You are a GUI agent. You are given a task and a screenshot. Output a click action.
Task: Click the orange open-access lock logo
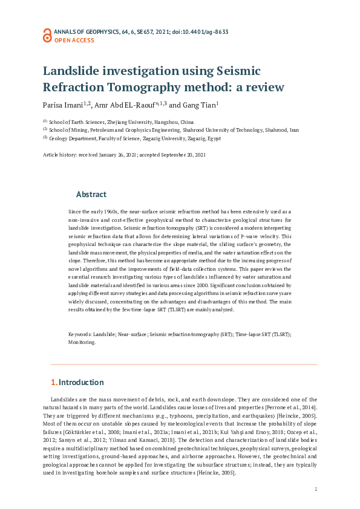pos(47,34)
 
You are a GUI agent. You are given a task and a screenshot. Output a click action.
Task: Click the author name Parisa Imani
pos(64,105)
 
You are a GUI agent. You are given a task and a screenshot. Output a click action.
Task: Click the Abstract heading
pos(91,195)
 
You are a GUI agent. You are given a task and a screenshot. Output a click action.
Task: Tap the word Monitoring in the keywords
pos(82,342)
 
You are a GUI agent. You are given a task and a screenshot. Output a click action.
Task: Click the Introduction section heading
pos(81,383)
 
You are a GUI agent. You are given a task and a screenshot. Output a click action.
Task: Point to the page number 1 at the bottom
pos(316,489)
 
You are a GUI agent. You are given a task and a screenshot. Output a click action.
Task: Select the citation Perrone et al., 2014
pos(289,409)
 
